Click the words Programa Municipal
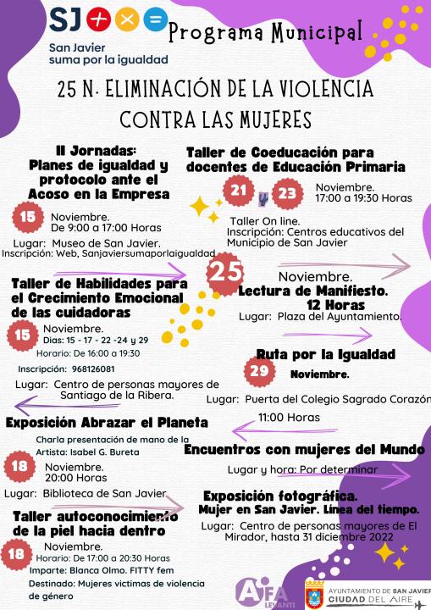click(266, 33)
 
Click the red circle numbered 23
click(289, 192)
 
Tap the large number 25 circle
click(226, 272)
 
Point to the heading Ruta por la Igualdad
click(325, 353)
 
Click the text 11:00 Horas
click(289, 417)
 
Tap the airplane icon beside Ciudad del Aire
click(421, 602)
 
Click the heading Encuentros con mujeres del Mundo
click(304, 450)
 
